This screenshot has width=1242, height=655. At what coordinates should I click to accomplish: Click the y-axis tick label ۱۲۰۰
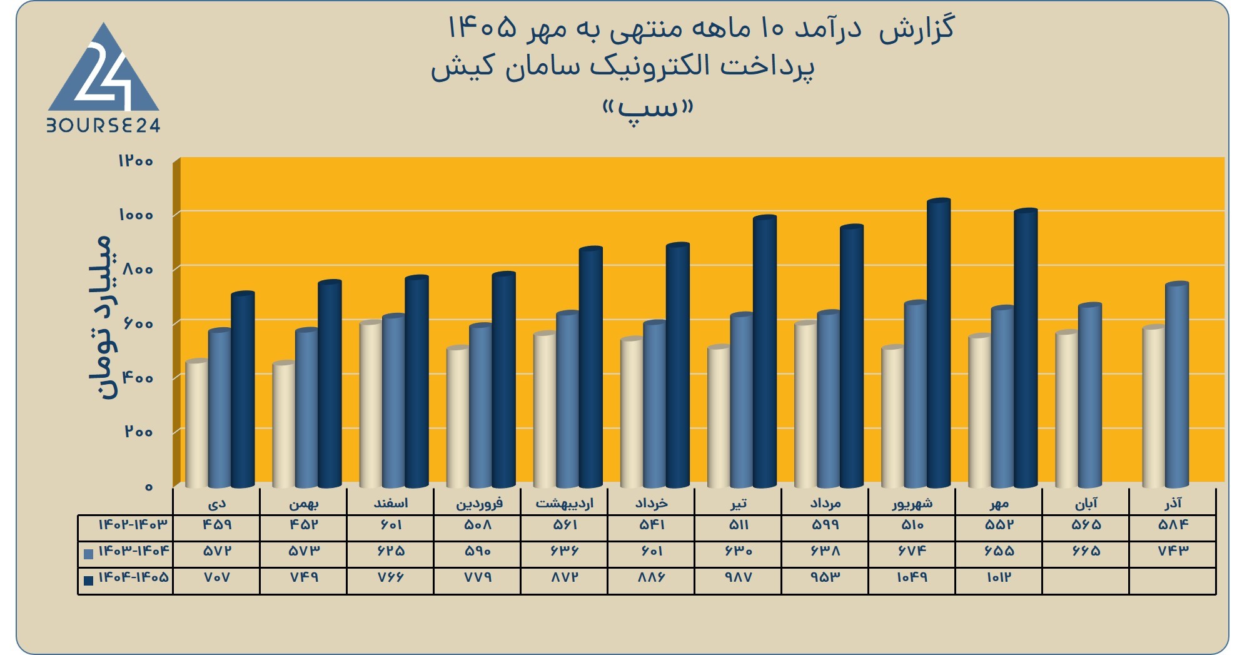click(x=136, y=161)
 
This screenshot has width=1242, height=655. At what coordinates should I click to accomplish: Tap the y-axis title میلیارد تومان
click(x=101, y=317)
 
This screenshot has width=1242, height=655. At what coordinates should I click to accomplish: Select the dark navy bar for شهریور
click(x=939, y=343)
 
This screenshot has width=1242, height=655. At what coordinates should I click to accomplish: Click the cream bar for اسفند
click(x=371, y=404)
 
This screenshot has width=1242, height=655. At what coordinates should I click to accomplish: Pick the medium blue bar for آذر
click(x=1176, y=385)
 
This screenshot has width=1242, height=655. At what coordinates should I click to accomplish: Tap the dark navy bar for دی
click(x=243, y=390)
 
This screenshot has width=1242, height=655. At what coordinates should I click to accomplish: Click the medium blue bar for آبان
click(x=1089, y=395)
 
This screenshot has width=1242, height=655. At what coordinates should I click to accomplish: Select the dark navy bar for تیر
click(x=765, y=352)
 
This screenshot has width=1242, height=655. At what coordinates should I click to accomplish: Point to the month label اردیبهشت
click(x=564, y=503)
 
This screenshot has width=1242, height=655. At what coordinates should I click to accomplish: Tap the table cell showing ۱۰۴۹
click(x=912, y=577)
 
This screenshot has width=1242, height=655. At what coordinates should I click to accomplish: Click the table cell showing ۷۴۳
click(x=1173, y=551)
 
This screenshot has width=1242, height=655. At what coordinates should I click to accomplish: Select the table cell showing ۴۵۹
click(x=217, y=525)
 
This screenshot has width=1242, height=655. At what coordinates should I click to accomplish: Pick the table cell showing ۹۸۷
click(x=739, y=577)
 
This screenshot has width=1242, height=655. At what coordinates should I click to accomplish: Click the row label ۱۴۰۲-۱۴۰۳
click(x=133, y=524)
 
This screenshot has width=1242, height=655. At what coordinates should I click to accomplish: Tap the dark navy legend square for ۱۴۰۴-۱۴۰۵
click(x=88, y=580)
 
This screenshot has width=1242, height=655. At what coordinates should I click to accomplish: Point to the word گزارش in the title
click(x=917, y=29)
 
